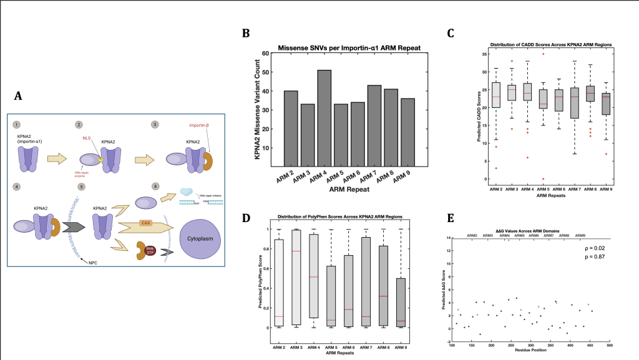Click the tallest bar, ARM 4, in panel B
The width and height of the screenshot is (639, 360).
[x=324, y=119]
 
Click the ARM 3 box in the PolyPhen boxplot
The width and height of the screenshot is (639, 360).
[x=296, y=278]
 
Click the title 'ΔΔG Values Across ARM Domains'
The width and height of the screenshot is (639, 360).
[x=530, y=230]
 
